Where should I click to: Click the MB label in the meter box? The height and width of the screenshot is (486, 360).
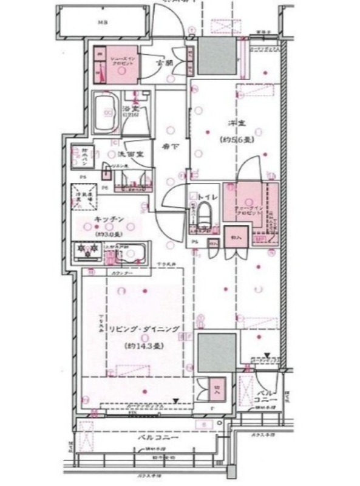[103, 24]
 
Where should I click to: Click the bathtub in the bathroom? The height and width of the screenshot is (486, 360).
[106, 113]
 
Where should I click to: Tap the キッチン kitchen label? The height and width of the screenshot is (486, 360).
[109, 220]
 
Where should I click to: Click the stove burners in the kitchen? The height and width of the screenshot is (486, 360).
[86, 249]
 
